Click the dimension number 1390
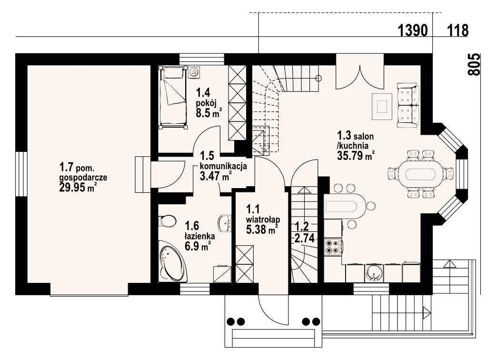click(413, 30)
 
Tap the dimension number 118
click(457, 30)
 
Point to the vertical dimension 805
click(474, 65)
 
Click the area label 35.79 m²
click(356, 155)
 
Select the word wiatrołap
click(263, 219)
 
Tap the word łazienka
click(200, 236)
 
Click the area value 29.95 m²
click(78, 188)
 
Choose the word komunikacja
click(223, 166)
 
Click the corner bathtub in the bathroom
click(173, 264)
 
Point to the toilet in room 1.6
click(168, 220)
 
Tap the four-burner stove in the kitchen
click(332, 247)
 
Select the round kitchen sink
click(374, 273)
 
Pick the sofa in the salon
click(408, 105)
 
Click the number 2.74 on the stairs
click(304, 238)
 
